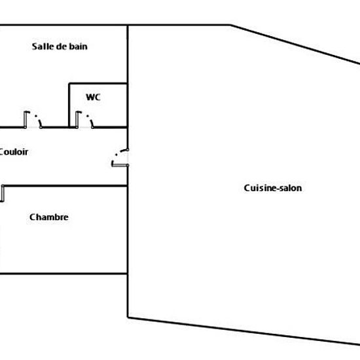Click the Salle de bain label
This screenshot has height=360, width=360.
60,46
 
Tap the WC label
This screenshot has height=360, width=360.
93,97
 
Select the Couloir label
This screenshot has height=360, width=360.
13,152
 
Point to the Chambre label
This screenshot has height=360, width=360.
49,217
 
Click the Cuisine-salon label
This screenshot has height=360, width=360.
273,188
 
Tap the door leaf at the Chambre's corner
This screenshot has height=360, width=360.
3,194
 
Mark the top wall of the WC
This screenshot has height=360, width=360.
98,83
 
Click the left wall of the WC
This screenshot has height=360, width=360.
69,105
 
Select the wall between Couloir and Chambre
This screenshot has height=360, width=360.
65,185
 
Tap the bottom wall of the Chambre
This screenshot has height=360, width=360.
63,274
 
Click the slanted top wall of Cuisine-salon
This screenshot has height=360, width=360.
295,45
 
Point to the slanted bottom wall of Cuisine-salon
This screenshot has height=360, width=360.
244,331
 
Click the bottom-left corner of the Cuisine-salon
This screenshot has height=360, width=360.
128,317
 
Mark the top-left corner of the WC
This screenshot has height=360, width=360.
69,83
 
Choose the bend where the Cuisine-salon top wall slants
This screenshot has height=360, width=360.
230,25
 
